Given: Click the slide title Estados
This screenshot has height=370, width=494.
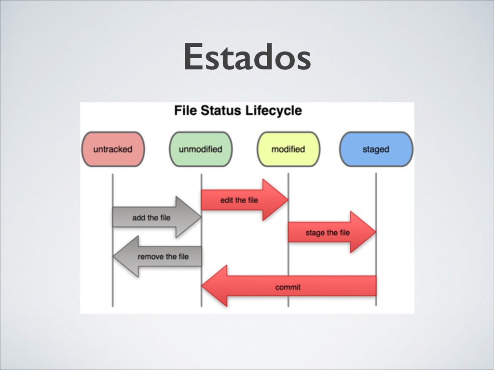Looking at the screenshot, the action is (247, 56).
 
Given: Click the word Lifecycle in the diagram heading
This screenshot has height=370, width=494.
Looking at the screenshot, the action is (274, 111).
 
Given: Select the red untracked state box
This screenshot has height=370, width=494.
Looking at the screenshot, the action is (113, 149).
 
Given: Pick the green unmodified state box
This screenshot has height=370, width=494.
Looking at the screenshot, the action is (201, 149).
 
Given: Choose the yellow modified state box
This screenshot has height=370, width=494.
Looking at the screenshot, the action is (288, 149).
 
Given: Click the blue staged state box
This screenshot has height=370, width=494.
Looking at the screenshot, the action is (376, 149).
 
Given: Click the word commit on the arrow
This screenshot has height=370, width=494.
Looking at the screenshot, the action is (288, 287).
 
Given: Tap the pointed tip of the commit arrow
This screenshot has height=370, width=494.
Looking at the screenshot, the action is (203, 287).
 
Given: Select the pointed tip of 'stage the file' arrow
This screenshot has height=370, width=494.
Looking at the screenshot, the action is (374, 233).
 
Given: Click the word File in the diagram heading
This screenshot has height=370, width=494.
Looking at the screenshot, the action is (186, 111).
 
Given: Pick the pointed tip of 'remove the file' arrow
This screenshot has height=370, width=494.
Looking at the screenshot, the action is (114, 256).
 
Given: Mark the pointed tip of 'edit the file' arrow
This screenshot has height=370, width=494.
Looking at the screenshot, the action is (287, 200).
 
